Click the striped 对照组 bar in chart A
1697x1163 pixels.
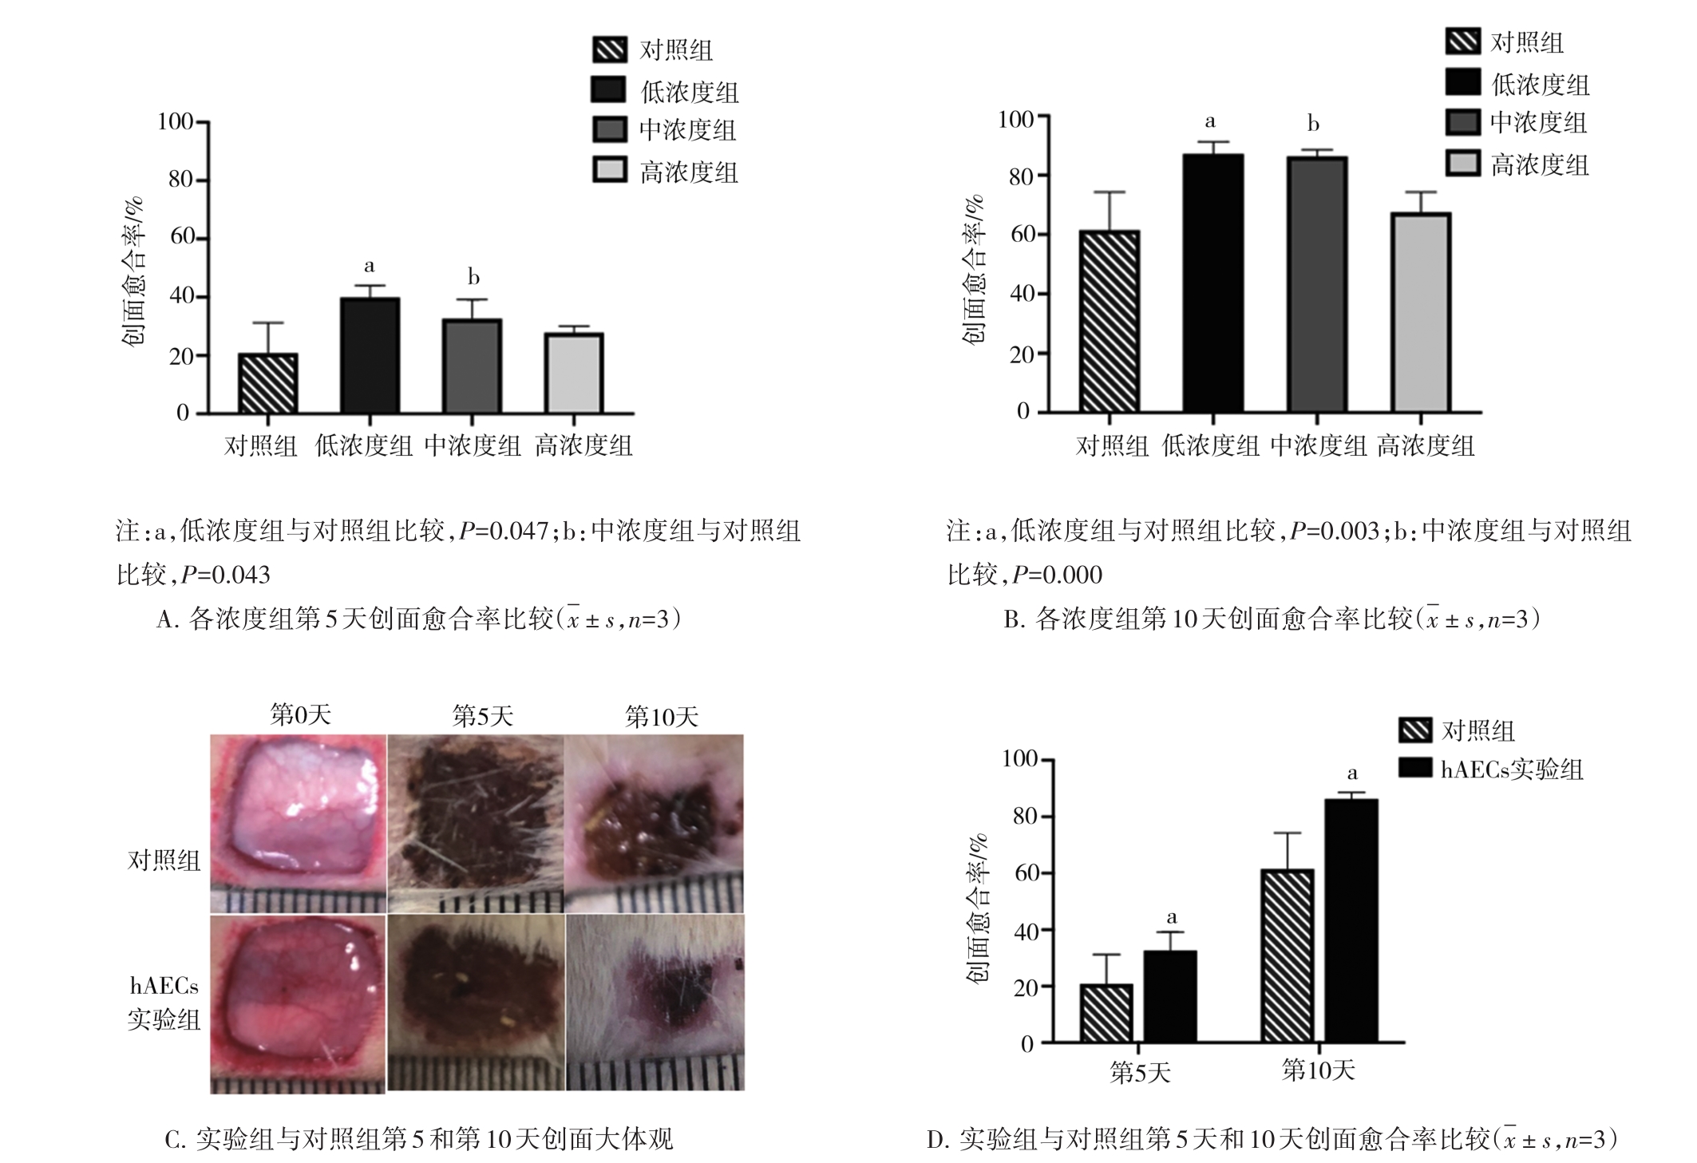pyautogui.click(x=267, y=383)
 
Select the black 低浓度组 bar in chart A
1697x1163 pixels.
pyautogui.click(x=370, y=356)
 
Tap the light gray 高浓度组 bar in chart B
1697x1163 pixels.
pyautogui.click(x=1421, y=312)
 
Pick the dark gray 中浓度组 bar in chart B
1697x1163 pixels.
pyautogui.click(x=1317, y=284)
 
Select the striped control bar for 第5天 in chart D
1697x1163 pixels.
pyautogui.click(x=1106, y=1013)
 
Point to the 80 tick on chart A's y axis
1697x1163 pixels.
pyautogui.click(x=182, y=180)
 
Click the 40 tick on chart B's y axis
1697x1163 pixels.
pyautogui.click(x=1023, y=294)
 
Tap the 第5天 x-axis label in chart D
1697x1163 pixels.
pyautogui.click(x=1139, y=1073)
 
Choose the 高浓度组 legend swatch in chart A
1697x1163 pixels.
pyautogui.click(x=609, y=170)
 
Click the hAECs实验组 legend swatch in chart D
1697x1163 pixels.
pyautogui.click(x=1415, y=768)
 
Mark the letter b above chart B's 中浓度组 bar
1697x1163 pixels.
pyautogui.click(x=1313, y=125)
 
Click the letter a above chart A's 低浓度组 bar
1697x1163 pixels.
pyautogui.click(x=369, y=266)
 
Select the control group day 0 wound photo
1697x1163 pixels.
pyautogui.click(x=298, y=824)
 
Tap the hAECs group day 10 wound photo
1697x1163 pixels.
pyautogui.click(x=655, y=1003)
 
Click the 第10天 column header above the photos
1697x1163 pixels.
pyautogui.click(x=661, y=716)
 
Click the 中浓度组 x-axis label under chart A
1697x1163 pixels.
pyautogui.click(x=473, y=445)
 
